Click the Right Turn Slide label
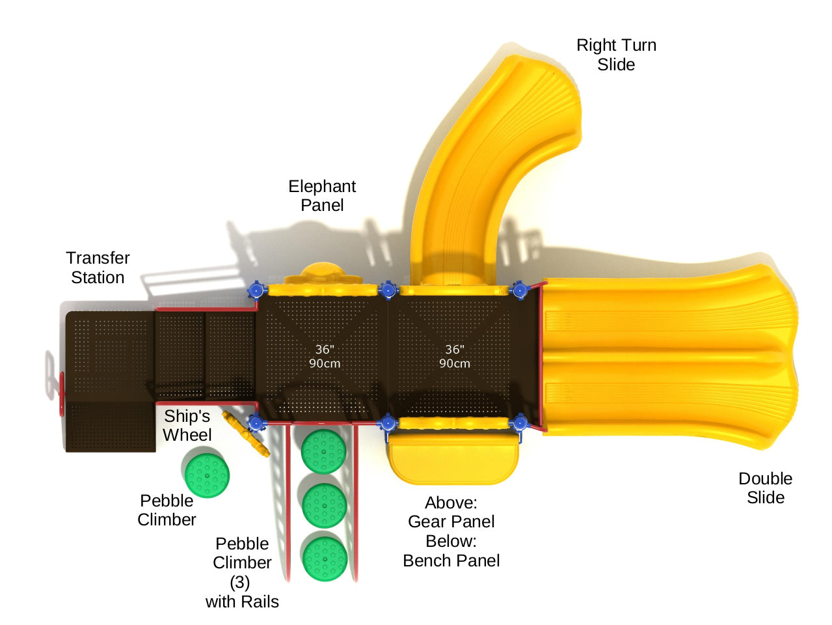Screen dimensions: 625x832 tap(616, 55)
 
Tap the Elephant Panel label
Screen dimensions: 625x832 tap(322, 195)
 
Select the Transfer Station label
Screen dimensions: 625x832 tap(98, 268)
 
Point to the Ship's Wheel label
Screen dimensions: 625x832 tap(187, 425)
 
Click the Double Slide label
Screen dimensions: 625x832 tap(765, 488)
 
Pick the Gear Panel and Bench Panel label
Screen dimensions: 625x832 tap(451, 531)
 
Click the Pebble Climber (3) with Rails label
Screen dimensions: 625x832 tap(242, 572)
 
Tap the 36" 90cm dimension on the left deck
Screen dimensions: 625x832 tap(324, 357)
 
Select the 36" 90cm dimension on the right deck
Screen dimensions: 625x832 tap(454, 357)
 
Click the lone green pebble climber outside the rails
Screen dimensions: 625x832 tap(207, 475)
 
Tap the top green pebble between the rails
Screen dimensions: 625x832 tap(323, 451)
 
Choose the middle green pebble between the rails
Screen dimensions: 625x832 tap(324, 505)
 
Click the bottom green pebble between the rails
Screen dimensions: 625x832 tap(325, 558)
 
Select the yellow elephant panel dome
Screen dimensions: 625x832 tap(323, 272)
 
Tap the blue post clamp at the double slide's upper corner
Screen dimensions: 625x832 tap(520, 290)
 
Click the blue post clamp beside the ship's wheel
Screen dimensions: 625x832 tap(256, 424)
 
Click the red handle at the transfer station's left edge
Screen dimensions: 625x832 tap(62, 393)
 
